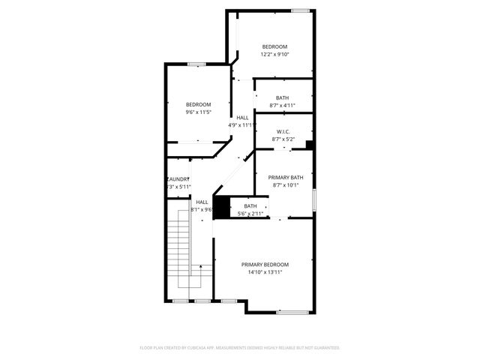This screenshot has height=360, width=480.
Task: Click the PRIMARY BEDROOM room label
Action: point(264,264)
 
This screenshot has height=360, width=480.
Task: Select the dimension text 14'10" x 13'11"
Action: point(264,272)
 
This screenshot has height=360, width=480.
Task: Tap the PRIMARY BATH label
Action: point(285,177)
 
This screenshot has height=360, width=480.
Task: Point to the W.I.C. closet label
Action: point(283,131)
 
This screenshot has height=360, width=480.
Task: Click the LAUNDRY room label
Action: point(178,179)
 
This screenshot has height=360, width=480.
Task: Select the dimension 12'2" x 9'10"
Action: point(274,54)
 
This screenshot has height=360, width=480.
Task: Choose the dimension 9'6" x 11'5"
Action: point(198,112)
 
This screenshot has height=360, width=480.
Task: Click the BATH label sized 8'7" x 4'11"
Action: point(282,97)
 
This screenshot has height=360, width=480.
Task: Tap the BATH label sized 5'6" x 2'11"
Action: point(250,206)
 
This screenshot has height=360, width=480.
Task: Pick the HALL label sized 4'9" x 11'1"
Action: point(242,118)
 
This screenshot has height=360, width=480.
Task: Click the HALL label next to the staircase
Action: point(202,202)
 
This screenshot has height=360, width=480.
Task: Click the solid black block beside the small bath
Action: point(221,207)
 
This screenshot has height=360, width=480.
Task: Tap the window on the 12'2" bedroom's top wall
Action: point(300,10)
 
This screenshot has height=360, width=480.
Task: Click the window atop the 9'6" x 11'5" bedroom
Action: point(196,64)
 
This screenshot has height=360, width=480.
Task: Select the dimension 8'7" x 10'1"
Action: point(285,185)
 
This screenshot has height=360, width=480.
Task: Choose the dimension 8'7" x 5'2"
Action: point(283,139)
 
